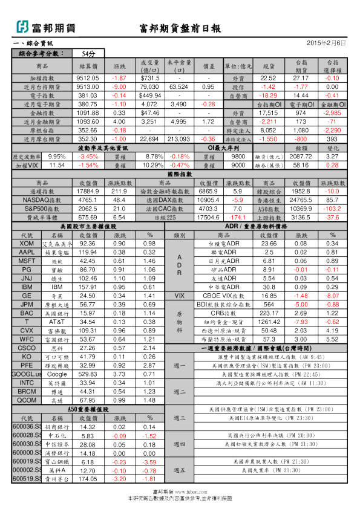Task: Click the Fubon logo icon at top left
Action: pos(22,27)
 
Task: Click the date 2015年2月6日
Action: pos(327,43)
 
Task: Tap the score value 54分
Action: pos(88,54)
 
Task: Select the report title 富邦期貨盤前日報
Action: pos(180,28)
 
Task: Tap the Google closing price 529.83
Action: pos(88,375)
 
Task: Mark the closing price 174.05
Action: pos(88,479)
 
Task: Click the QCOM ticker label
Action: pos(27,401)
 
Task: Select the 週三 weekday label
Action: pos(179,418)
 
